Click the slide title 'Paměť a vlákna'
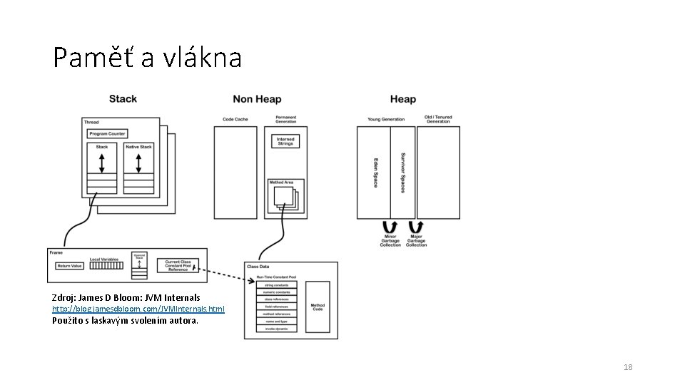pyautogui.click(x=147, y=58)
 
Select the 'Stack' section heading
pyautogui.click(x=123, y=99)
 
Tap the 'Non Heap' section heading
pyautogui.click(x=257, y=99)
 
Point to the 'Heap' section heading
pyautogui.click(x=403, y=99)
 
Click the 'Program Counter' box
pyautogui.click(x=108, y=134)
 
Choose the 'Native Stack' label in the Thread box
pyautogui.click(x=138, y=147)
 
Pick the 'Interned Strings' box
pyautogui.click(x=285, y=141)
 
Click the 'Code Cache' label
pyautogui.click(x=235, y=120)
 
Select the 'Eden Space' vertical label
pyautogui.click(x=376, y=173)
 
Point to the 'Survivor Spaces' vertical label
pyautogui.click(x=403, y=173)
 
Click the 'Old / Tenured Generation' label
pyautogui.click(x=438, y=120)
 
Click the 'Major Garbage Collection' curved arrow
pyautogui.click(x=416, y=227)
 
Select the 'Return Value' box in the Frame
pyautogui.click(x=70, y=266)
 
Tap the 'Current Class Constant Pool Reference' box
pyautogui.click(x=178, y=266)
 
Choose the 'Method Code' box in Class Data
pyautogui.click(x=318, y=307)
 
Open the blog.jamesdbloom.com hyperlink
pyautogui.click(x=138, y=309)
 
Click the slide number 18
pyautogui.click(x=628, y=367)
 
